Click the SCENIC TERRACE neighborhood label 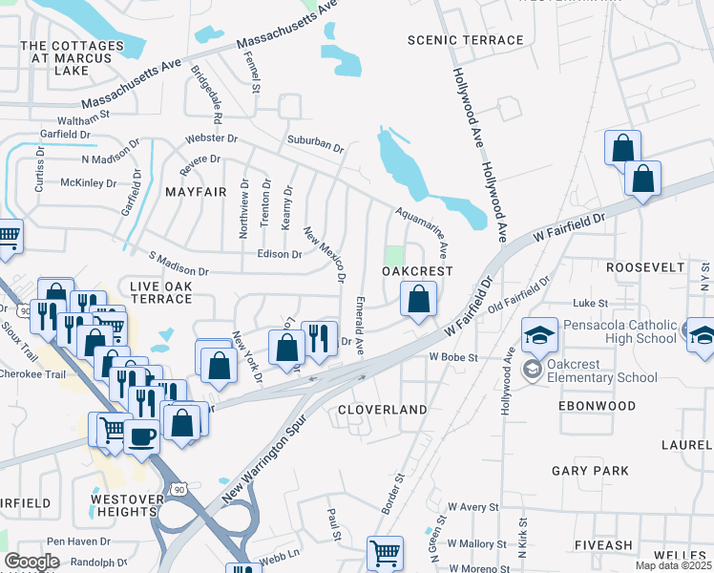(x=465, y=40)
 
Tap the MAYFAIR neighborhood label (x=196, y=192)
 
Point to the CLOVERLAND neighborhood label (x=383, y=409)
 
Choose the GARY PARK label (x=590, y=471)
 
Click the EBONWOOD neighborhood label (x=596, y=406)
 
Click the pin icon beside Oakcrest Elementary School (x=532, y=367)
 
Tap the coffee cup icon (x=142, y=437)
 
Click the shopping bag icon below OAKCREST (x=418, y=300)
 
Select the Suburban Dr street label (x=316, y=144)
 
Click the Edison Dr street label (x=280, y=254)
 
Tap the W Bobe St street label (x=451, y=356)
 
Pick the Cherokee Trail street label (x=32, y=374)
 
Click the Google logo (x=31, y=561)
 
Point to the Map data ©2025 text (x=673, y=565)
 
